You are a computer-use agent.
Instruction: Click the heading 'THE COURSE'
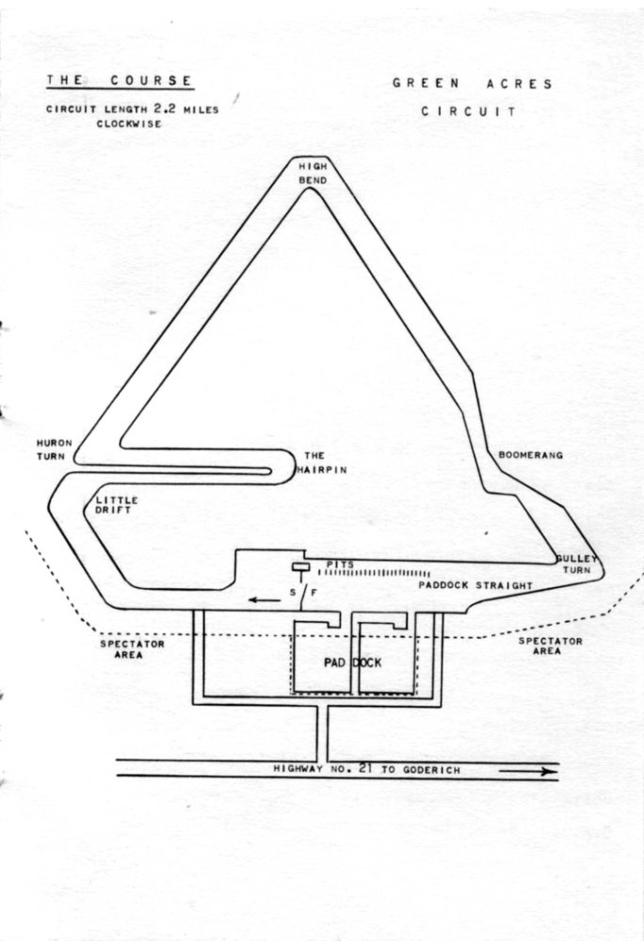(120, 82)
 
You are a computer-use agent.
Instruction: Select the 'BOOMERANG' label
(530, 455)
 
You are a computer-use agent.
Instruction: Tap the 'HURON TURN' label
(48, 448)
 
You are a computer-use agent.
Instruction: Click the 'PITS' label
(340, 563)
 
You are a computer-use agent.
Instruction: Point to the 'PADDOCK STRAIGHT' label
(475, 585)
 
